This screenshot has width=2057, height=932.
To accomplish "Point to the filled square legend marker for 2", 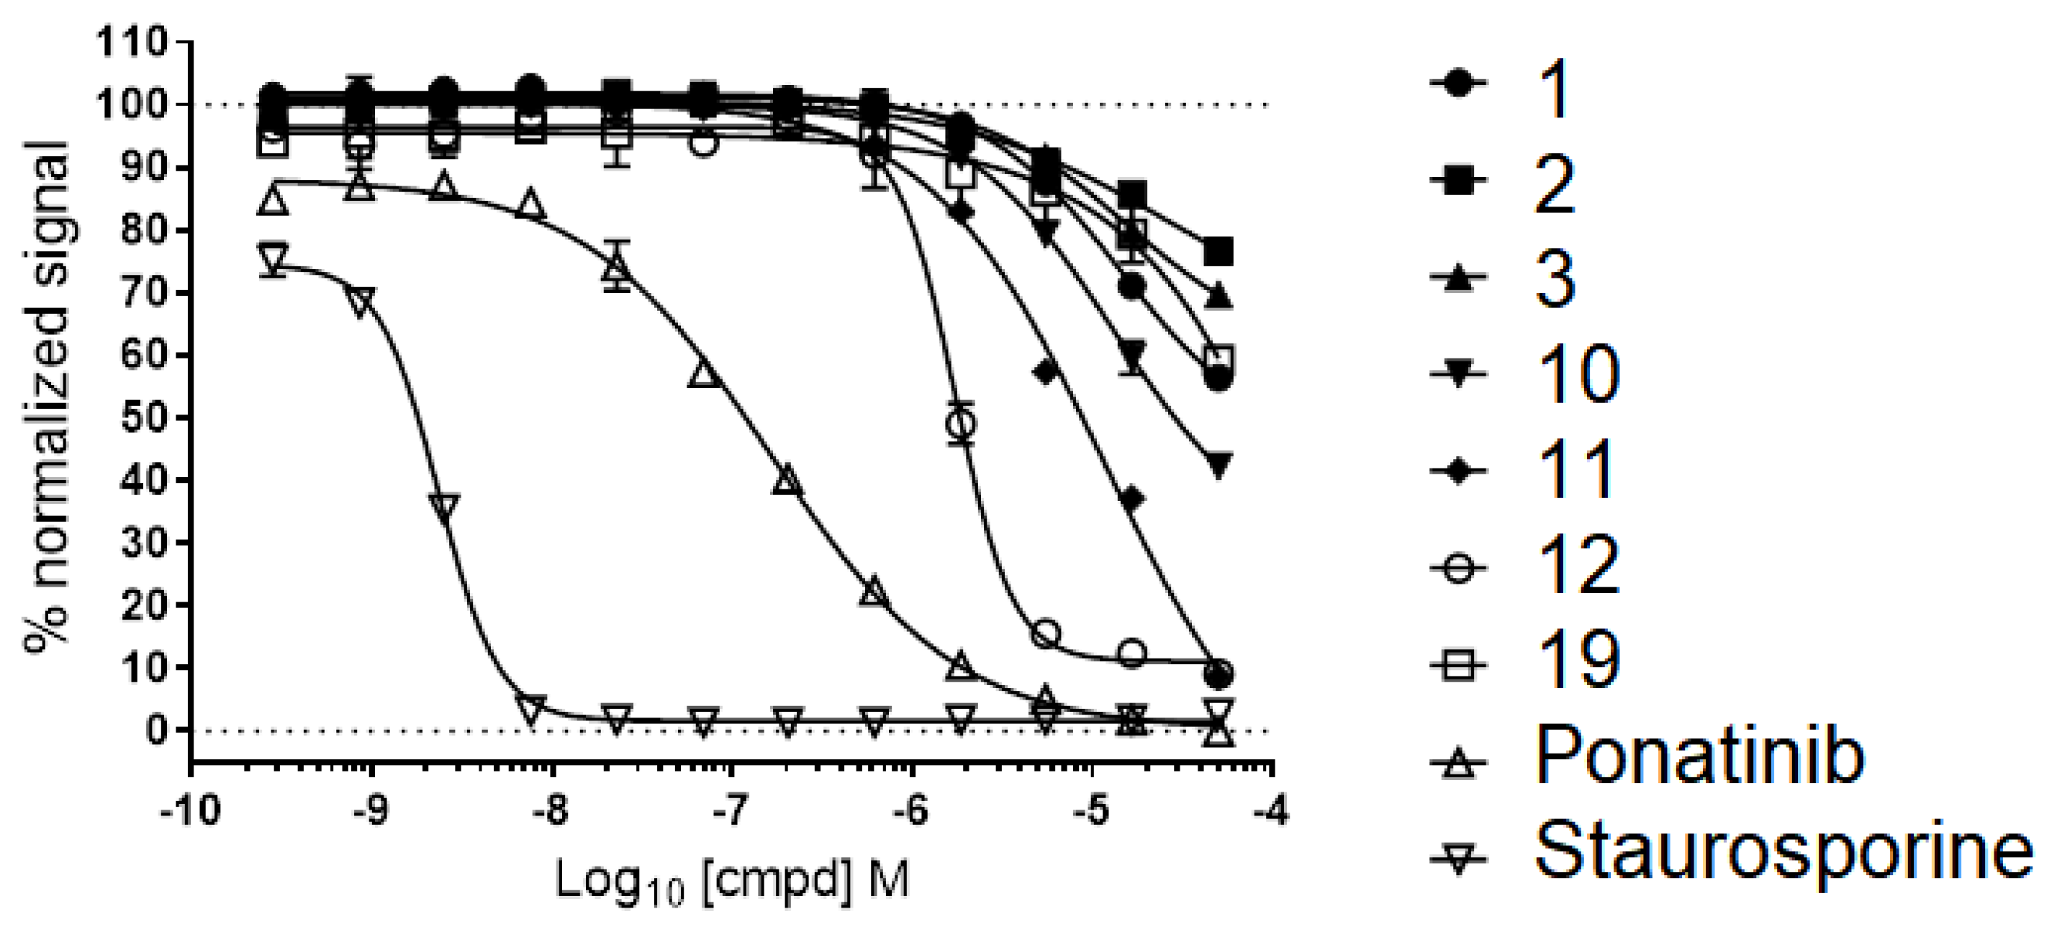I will (1458, 183).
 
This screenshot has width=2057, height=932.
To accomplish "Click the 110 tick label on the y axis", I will (132, 42).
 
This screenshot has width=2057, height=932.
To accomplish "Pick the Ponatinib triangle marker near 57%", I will (703, 374).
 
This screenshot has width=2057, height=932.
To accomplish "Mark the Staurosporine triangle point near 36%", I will (444, 505).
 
